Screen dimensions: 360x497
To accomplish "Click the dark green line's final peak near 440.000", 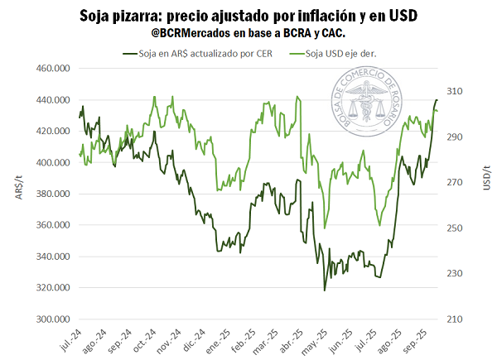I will (437, 100).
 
